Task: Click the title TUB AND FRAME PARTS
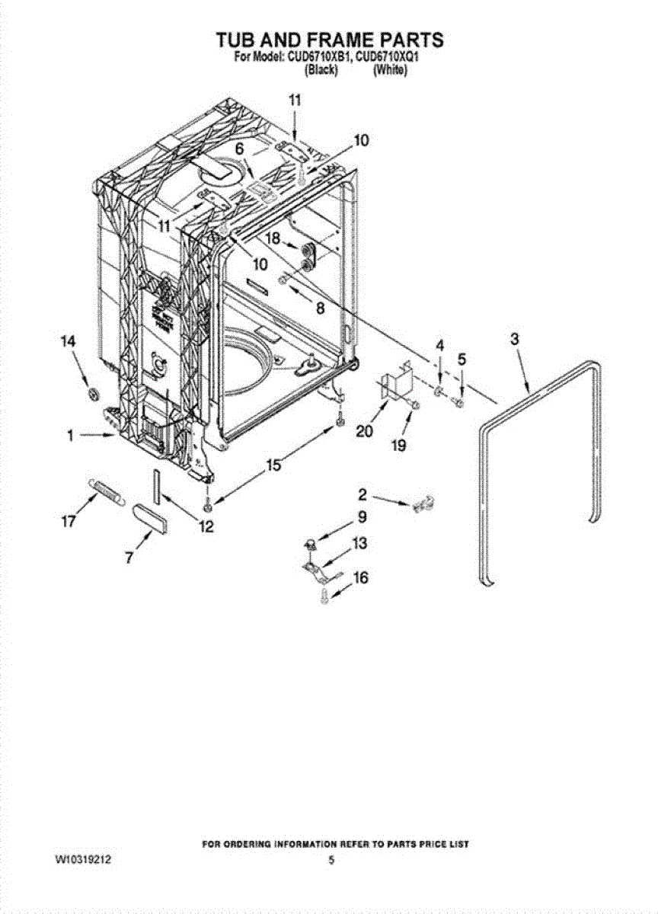tap(330, 39)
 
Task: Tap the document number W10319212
tap(83, 859)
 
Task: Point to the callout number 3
tap(515, 339)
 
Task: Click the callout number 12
tap(206, 526)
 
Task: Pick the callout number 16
tap(360, 578)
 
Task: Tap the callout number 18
tap(273, 238)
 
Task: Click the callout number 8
tap(319, 308)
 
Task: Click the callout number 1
tap(69, 436)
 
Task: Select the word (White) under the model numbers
tap(390, 70)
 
